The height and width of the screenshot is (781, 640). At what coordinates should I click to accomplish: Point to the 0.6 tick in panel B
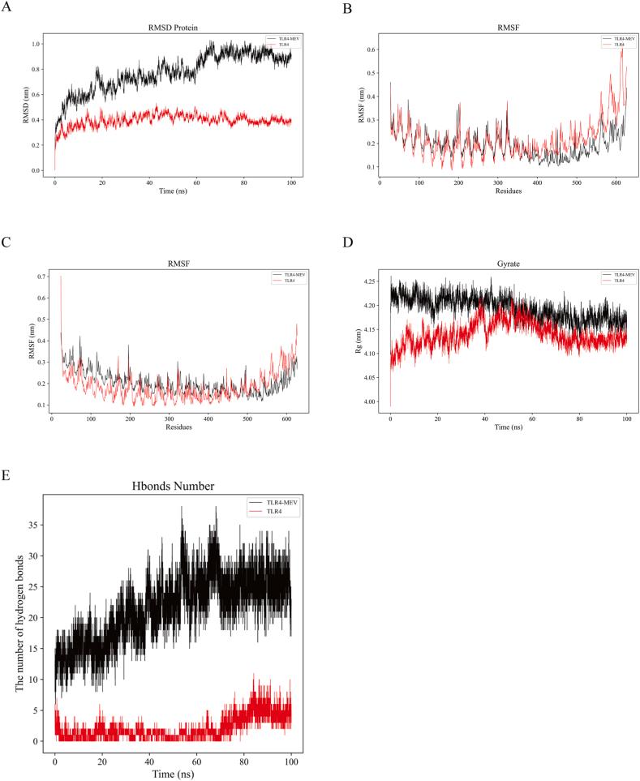(x=371, y=49)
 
